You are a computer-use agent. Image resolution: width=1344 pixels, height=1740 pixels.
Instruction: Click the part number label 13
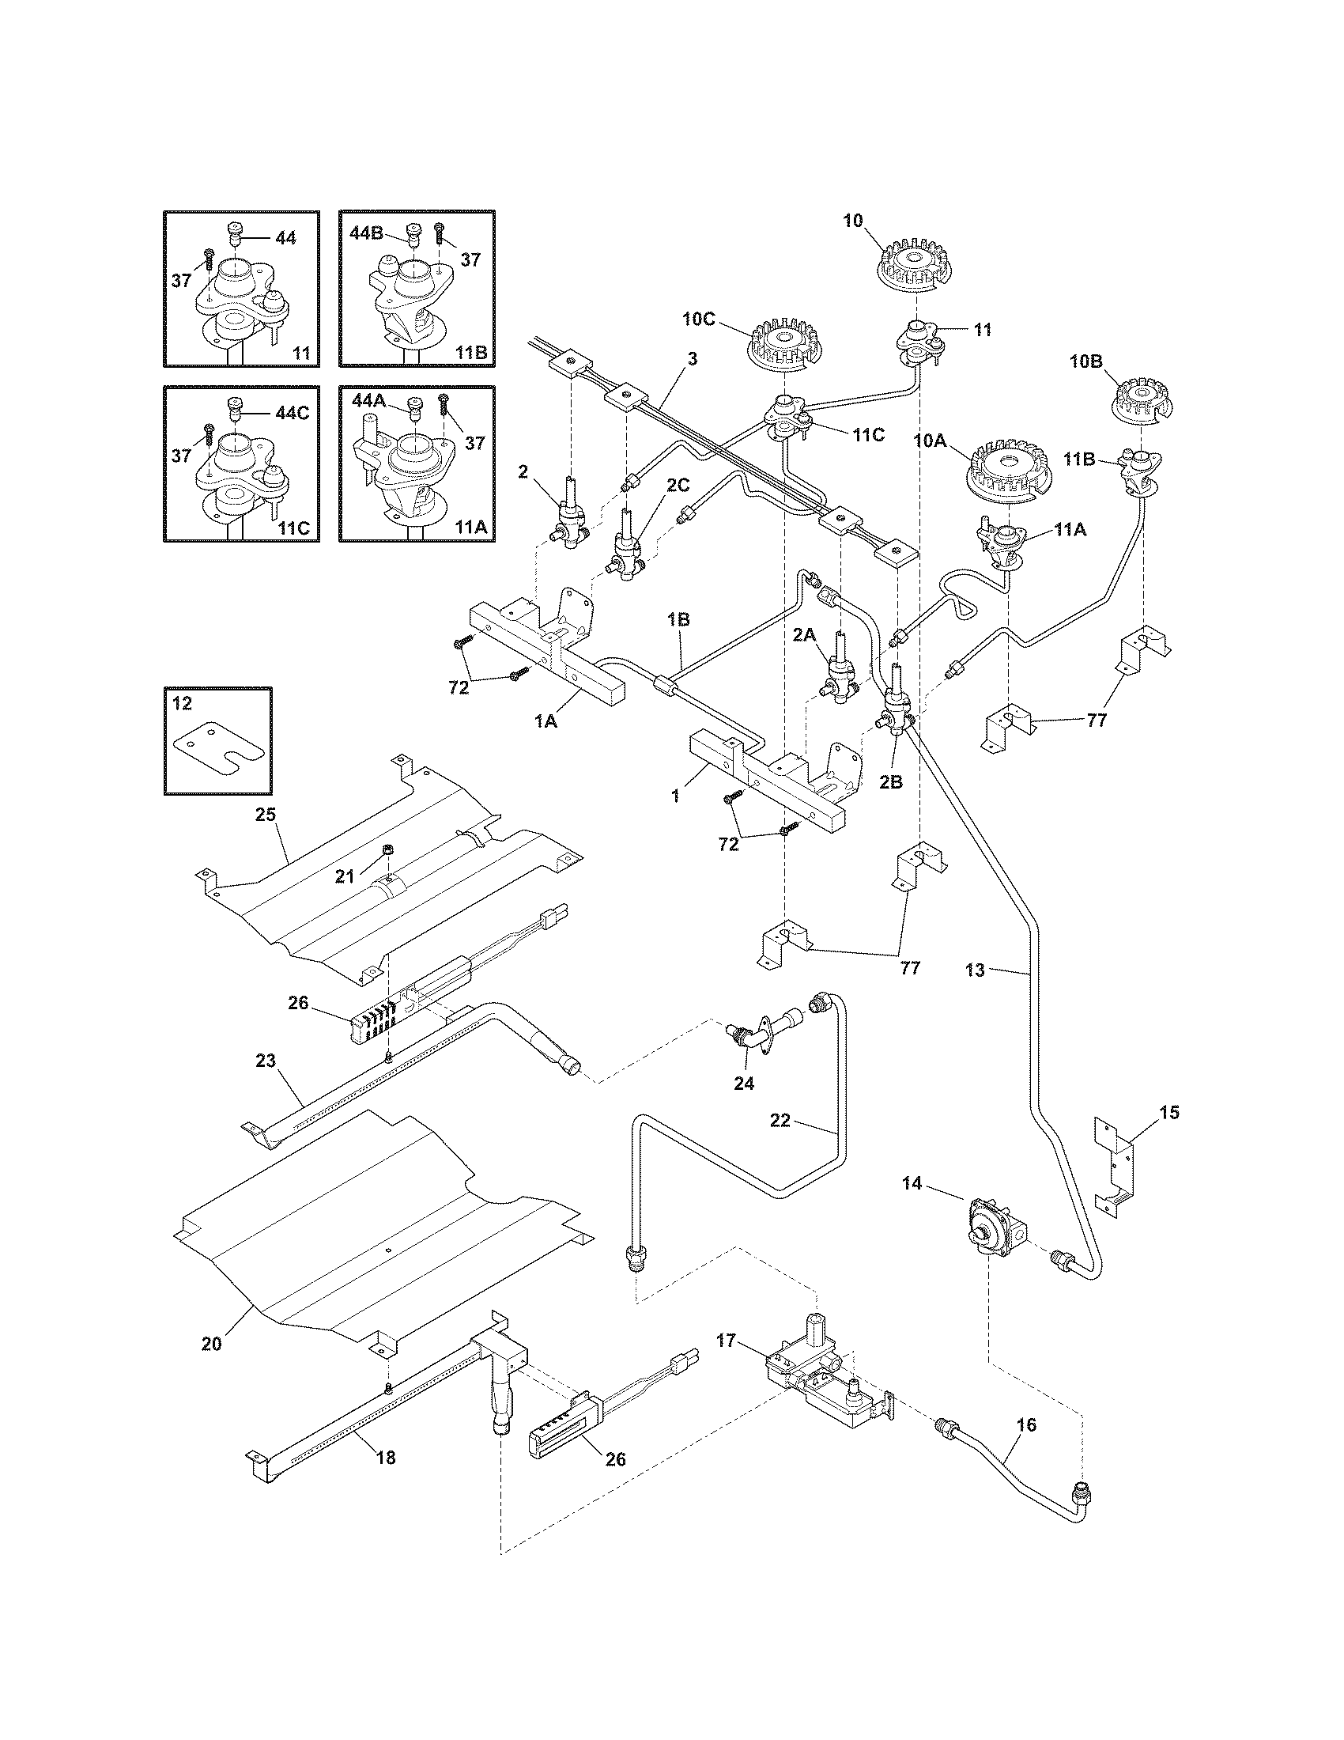click(x=976, y=970)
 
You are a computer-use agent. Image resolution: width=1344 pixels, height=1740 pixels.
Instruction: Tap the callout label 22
click(x=780, y=1120)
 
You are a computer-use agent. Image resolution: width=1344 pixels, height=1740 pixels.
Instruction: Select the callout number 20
click(x=211, y=1344)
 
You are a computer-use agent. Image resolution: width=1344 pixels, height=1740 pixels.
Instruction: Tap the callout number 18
click(x=385, y=1457)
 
